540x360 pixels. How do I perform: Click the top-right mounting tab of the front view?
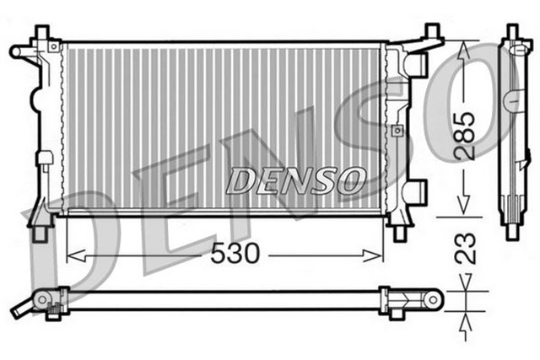point(431,35)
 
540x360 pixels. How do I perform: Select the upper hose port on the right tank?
point(416,63)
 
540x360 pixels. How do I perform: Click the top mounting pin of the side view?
point(512,32)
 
